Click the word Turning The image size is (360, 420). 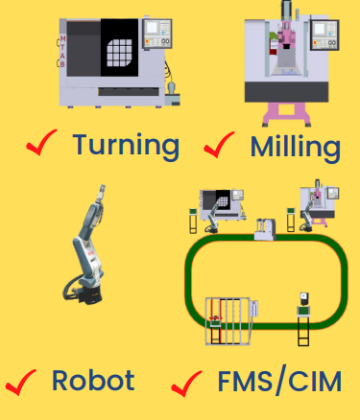126,147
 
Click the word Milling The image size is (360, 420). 296,148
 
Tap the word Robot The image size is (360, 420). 93,381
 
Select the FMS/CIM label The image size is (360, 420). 279,382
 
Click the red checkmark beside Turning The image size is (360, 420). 41,142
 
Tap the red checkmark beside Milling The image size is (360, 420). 219,145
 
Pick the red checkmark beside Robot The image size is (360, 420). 20,383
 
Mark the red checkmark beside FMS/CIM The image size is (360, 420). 186,384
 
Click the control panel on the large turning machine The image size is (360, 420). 157,34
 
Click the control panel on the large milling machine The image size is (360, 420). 324,35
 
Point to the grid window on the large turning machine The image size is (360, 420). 119,53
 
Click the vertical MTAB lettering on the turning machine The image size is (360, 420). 62,51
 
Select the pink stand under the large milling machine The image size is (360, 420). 287,114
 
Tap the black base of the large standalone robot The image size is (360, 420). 89,294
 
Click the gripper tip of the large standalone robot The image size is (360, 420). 102,189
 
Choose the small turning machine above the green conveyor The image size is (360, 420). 222,205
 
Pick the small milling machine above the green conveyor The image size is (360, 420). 319,202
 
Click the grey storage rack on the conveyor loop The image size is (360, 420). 228,321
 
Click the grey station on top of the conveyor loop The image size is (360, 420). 265,229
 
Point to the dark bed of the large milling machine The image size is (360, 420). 286,92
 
